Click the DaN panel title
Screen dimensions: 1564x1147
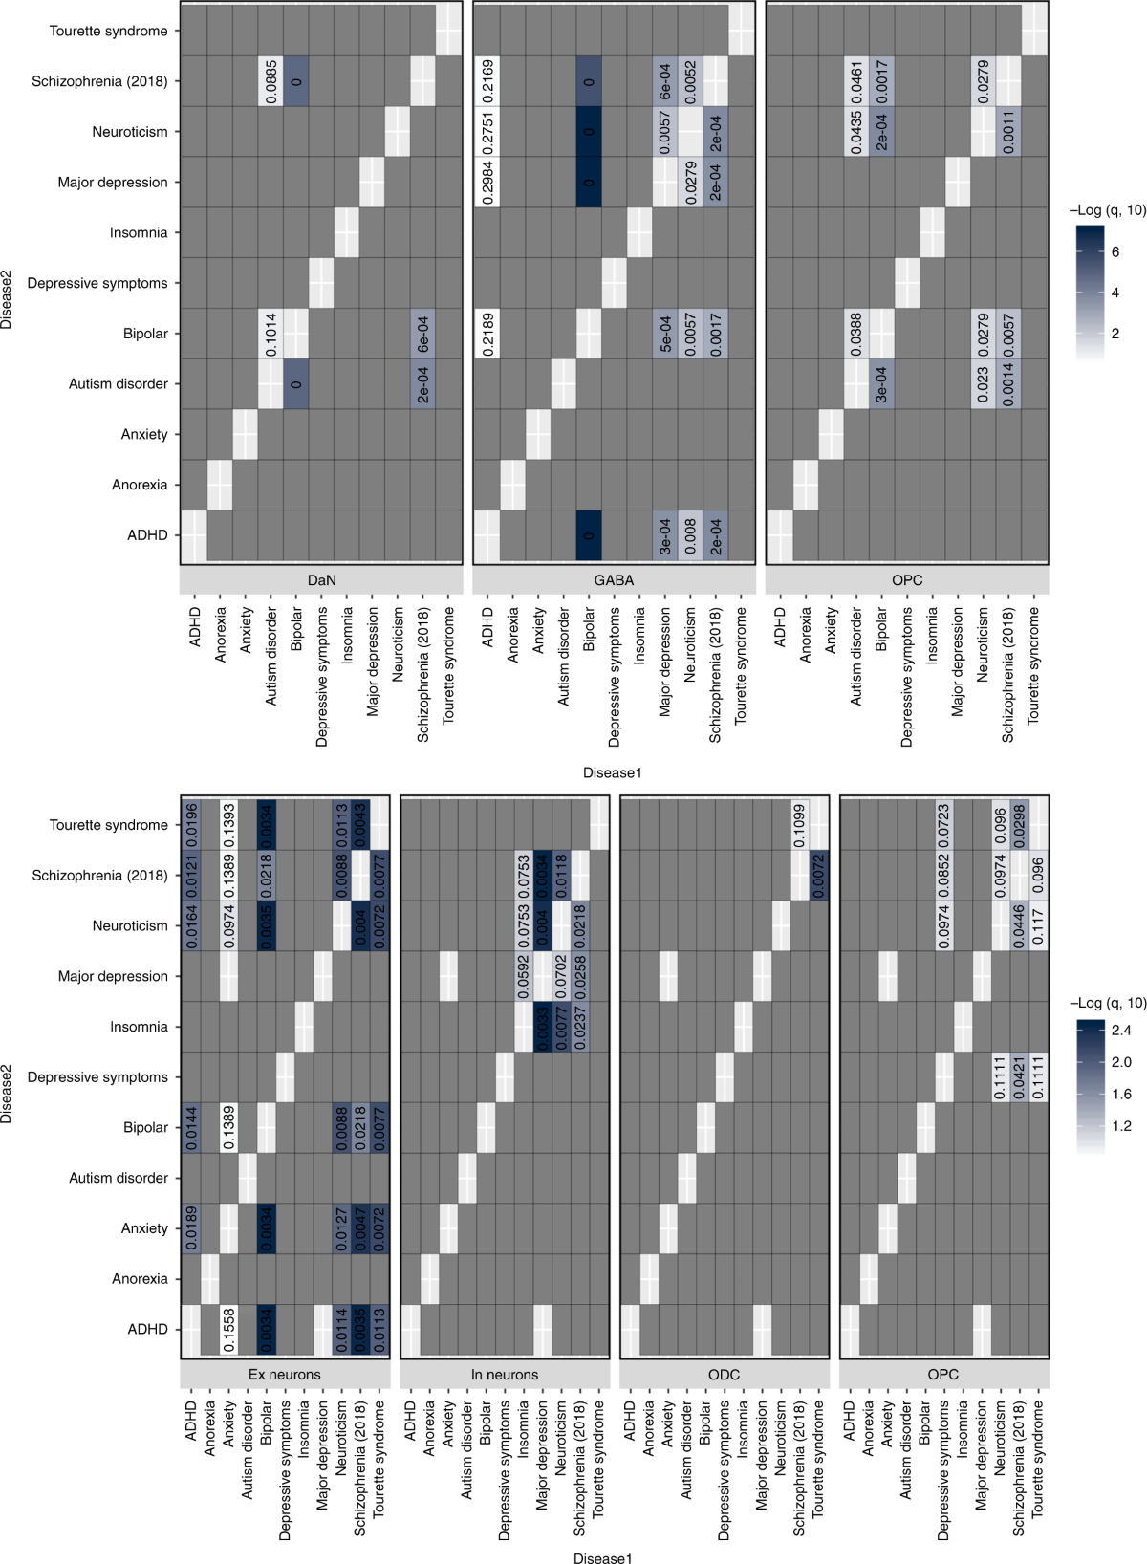[x=321, y=580]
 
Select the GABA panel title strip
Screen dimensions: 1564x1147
[x=614, y=580]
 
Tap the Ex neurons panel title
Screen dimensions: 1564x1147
[x=285, y=1375]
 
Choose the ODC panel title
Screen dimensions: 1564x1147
[x=724, y=1375]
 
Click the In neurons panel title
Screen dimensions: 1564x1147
[x=505, y=1375]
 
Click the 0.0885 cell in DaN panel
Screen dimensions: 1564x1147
[x=271, y=81]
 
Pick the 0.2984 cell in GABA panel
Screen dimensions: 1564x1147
[x=488, y=182]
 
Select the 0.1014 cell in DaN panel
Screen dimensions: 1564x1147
[x=271, y=334]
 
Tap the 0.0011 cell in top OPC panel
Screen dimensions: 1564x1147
[x=1008, y=132]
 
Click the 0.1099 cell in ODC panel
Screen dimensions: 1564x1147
[x=799, y=825]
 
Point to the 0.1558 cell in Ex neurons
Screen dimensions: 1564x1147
[x=228, y=1330]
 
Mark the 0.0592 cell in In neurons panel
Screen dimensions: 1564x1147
[x=524, y=976]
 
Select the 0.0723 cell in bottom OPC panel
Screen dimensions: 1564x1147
[x=943, y=825]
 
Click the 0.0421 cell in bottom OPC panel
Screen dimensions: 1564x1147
[x=1019, y=1077]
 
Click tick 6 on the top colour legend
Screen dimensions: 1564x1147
[x=1115, y=252]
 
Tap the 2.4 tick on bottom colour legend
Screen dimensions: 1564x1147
[x=1120, y=1030]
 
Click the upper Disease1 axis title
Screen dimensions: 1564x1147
[x=613, y=772]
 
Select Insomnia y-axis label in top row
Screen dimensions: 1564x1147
[x=138, y=232]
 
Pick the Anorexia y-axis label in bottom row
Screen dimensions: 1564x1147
[x=140, y=1279]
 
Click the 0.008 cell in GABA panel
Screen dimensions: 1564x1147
[x=690, y=535]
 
